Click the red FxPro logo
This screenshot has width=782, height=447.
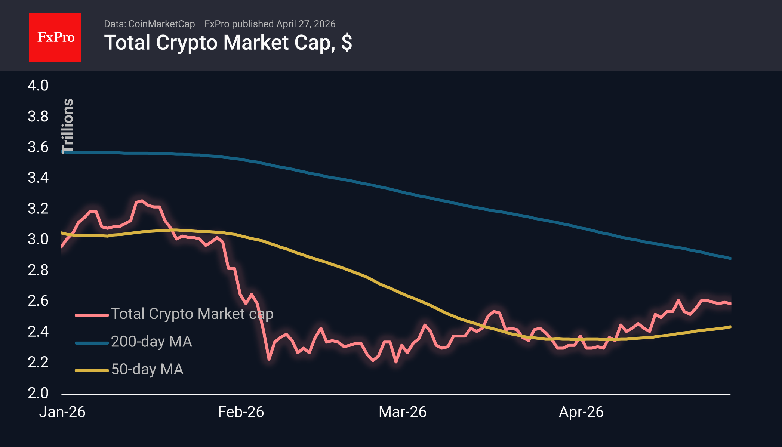(x=55, y=37)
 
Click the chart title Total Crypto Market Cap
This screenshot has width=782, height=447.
(x=228, y=43)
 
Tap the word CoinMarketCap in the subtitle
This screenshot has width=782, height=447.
(x=161, y=24)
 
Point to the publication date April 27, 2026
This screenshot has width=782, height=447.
(x=306, y=24)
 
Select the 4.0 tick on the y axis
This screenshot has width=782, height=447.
(x=38, y=86)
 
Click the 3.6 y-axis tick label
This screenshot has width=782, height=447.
(x=38, y=147)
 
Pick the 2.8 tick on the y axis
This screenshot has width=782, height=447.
(x=38, y=270)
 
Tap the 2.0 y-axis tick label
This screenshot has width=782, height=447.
(x=38, y=393)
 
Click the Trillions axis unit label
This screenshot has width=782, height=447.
(x=68, y=126)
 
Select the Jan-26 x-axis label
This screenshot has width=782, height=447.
(x=62, y=412)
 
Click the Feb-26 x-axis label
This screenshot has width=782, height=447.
(x=241, y=412)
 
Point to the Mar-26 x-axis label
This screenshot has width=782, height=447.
(x=402, y=412)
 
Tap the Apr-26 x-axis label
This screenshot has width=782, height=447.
(x=581, y=412)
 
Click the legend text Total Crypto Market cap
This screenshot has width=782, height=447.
(x=192, y=314)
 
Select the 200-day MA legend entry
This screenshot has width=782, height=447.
(x=151, y=342)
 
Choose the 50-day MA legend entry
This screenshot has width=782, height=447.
(x=147, y=369)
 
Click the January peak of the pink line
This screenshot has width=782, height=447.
(x=141, y=201)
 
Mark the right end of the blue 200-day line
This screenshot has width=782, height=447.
(x=730, y=258)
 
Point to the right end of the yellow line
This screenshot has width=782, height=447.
(x=730, y=327)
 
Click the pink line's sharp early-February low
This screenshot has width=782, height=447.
(x=269, y=359)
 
